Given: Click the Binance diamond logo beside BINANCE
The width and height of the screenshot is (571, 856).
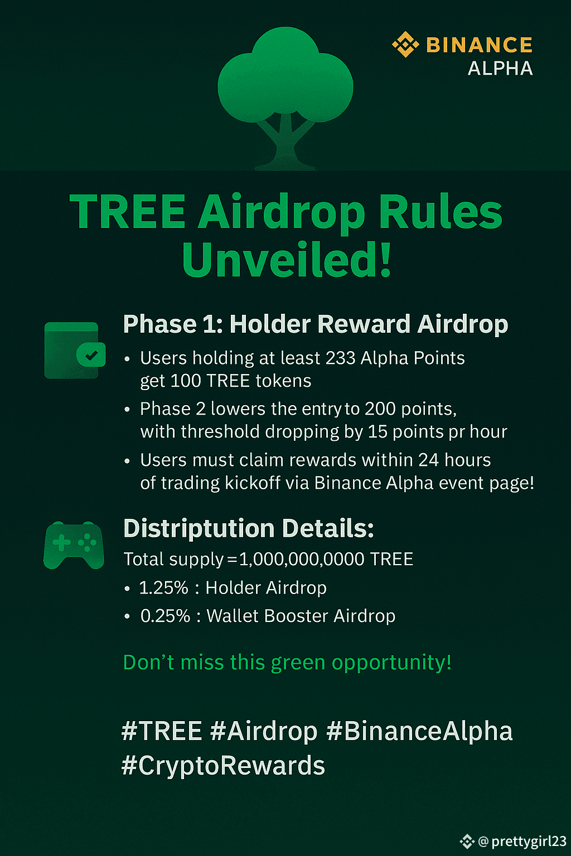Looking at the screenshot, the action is click(406, 45).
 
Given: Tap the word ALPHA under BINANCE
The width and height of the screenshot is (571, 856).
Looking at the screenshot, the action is click(500, 69).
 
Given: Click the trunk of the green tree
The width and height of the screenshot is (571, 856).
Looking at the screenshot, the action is click(285, 142).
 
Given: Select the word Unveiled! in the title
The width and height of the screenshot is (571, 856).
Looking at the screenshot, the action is click(287, 259).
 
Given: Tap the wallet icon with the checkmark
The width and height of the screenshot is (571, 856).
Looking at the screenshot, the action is click(75, 351).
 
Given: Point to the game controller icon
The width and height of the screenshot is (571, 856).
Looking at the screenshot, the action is click(74, 545).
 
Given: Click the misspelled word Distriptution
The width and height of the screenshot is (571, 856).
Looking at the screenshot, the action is click(199, 529).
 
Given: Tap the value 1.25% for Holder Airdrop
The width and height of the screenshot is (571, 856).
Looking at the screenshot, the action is click(164, 588).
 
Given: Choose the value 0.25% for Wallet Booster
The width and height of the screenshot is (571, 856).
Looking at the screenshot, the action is click(165, 616).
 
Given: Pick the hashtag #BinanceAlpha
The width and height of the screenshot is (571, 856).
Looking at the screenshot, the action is click(419, 731).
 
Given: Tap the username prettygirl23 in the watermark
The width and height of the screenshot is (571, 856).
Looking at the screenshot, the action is click(529, 842).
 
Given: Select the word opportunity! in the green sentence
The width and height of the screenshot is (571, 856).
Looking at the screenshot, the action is click(391, 663).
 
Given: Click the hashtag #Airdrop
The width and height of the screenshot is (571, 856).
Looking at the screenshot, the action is click(264, 731).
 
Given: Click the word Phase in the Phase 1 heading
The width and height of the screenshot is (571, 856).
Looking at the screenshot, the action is click(160, 324).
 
